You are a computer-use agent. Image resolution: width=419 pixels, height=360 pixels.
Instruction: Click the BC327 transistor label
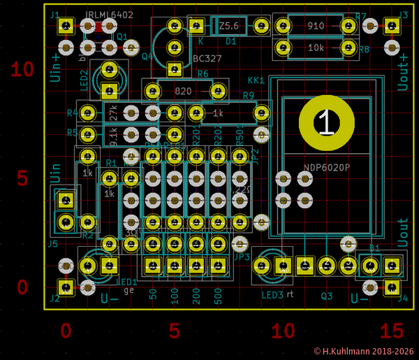[207, 59]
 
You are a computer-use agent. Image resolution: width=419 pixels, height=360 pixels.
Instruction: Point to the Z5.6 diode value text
[228, 26]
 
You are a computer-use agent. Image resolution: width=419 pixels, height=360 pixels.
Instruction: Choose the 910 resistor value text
[316, 26]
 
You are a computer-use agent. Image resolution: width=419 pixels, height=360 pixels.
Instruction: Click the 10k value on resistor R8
[316, 48]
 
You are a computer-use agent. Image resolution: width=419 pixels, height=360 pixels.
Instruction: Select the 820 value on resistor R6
[184, 92]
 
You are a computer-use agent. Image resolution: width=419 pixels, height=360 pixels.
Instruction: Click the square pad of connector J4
[392, 287]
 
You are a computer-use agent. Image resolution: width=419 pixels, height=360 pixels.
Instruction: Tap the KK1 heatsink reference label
[256, 80]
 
